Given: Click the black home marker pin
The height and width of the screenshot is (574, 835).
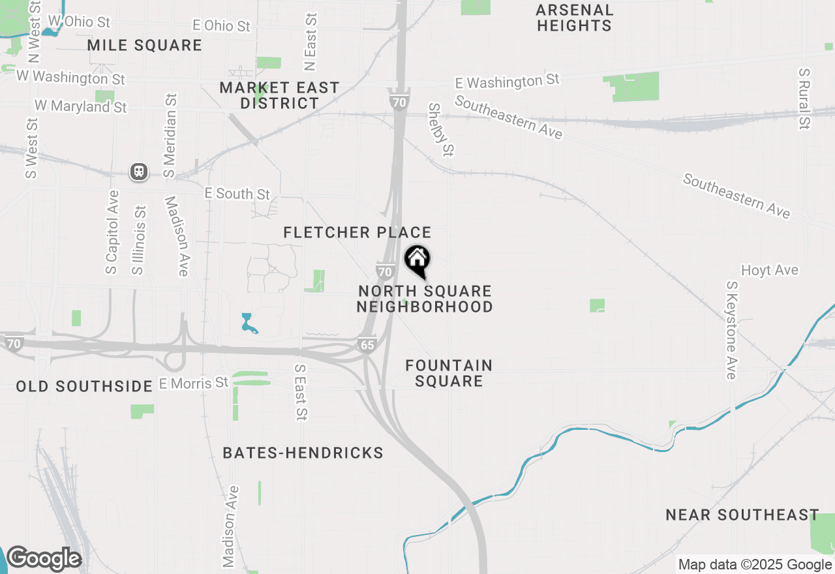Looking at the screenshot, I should tap(417, 261).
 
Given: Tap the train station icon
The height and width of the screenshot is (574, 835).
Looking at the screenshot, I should tap(139, 172).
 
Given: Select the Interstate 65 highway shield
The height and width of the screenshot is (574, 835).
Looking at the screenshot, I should tap(367, 344).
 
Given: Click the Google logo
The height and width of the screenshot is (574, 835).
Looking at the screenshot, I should tap(43, 558).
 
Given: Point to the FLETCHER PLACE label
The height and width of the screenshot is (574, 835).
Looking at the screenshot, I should tap(357, 232).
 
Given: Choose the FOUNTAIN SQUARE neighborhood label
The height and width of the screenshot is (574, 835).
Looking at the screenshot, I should tap(449, 373).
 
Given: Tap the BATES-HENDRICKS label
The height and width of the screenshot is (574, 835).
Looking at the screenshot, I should tap(303, 453).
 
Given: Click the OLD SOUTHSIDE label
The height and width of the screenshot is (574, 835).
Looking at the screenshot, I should tap(84, 386).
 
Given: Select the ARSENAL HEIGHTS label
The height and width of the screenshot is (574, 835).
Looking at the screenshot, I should tap(575, 18).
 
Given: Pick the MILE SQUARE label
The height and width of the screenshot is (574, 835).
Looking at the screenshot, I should tap(144, 45).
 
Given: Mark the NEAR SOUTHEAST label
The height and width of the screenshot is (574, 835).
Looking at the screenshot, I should tap(742, 515).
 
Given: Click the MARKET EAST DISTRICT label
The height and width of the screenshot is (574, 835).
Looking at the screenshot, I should tap(279, 95).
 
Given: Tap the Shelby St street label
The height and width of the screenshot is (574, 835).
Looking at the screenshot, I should tap(441, 129).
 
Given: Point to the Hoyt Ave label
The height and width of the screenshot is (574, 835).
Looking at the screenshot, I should tap(769, 270).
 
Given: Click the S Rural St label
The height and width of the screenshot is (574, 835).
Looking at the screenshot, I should tap(804, 98).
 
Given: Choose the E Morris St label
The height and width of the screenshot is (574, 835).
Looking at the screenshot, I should tap(194, 382).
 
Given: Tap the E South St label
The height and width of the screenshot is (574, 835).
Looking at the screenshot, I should tap(237, 194).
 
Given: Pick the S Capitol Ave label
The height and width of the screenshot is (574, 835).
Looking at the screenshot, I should tap(112, 232).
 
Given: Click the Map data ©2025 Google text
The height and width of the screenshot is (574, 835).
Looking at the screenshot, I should tap(755, 565).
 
